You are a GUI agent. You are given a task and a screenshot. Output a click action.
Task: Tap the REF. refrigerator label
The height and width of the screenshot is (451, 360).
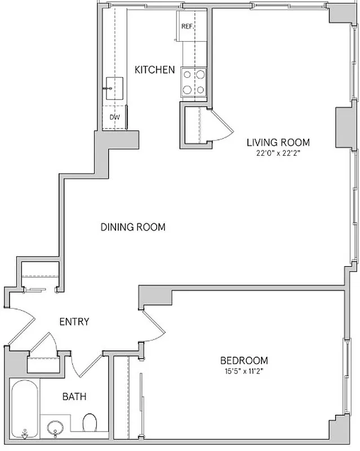click(187, 26)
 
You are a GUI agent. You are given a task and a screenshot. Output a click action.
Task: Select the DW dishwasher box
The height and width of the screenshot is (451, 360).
click(114, 117)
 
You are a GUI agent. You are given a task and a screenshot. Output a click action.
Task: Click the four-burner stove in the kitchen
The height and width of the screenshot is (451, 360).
click(194, 82)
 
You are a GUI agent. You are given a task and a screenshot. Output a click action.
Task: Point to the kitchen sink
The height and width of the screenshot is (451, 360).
click(114, 89)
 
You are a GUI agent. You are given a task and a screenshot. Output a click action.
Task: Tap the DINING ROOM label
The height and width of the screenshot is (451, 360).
click(133, 227)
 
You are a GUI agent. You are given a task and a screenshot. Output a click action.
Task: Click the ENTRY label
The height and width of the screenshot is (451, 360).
click(74, 322)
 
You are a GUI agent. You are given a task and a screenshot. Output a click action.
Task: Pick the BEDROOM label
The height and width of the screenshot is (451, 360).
click(243, 360)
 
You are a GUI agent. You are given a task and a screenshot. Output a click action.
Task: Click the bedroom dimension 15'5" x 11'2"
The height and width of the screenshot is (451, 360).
click(243, 371)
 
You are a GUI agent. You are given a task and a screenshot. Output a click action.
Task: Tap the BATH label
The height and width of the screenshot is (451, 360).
click(74, 396)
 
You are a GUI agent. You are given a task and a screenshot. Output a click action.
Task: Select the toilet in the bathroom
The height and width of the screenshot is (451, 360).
click(90, 422)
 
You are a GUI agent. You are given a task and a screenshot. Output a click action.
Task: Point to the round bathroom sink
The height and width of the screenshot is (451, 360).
click(55, 428)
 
